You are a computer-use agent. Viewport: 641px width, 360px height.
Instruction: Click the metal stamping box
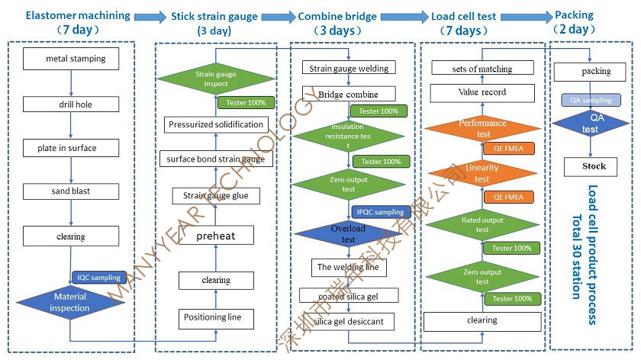click(x=76, y=58)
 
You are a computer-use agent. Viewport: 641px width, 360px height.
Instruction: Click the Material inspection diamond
click(x=71, y=302)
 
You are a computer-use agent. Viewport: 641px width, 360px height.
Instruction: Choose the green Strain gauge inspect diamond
click(x=217, y=79)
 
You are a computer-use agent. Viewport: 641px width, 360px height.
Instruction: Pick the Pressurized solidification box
click(x=216, y=124)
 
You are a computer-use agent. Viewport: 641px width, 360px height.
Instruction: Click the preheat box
click(x=216, y=236)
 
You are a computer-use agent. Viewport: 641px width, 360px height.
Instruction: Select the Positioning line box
click(x=213, y=317)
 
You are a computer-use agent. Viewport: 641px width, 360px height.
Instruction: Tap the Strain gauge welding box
click(x=349, y=68)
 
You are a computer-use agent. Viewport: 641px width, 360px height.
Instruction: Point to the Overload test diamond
click(x=348, y=233)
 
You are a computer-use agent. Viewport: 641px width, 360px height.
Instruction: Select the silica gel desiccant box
click(x=348, y=322)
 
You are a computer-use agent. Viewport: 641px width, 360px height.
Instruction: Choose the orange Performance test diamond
click(x=482, y=128)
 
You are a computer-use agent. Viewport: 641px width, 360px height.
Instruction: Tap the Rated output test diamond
click(x=482, y=225)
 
